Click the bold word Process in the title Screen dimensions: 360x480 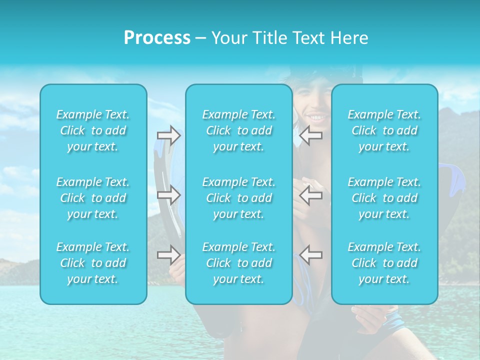[157, 38]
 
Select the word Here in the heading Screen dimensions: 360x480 [350, 38]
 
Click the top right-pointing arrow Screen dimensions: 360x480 [169, 135]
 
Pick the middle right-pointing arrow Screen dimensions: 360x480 [169, 195]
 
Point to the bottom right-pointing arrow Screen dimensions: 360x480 [169, 254]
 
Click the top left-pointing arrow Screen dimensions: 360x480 [310, 135]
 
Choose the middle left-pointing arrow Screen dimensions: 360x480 [310, 195]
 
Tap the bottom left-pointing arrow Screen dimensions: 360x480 [310, 254]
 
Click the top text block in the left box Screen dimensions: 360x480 [93, 130]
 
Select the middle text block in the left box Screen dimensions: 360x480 [93, 198]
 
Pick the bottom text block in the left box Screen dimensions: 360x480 [93, 263]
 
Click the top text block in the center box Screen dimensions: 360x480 [239, 130]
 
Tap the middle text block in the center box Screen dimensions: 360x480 [239, 198]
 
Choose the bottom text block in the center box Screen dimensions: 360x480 [239, 263]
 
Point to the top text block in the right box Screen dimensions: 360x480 [384, 130]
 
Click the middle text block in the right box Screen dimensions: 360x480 [384, 198]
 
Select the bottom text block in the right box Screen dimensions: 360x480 [384, 263]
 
